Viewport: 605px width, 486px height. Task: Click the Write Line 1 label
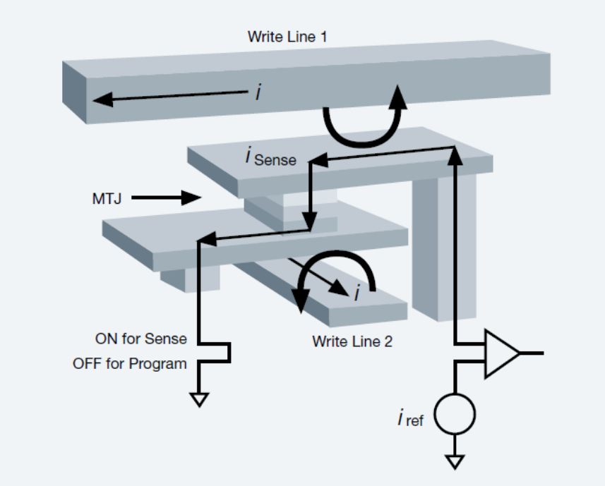[x=287, y=36]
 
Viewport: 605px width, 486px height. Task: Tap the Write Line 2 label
[x=352, y=341]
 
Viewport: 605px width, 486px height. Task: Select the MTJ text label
[x=107, y=198]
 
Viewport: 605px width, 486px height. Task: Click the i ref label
[x=410, y=419]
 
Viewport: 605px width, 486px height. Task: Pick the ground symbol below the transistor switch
[x=200, y=400]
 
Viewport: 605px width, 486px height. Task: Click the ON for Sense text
[x=140, y=339]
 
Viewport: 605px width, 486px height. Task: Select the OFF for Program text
[x=129, y=364]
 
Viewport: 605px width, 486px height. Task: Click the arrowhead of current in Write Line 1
[x=103, y=99]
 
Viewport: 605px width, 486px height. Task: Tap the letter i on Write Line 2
[x=357, y=293]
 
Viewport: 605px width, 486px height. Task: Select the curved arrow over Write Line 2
[x=335, y=272]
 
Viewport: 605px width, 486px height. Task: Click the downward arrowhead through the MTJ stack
[x=309, y=220]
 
